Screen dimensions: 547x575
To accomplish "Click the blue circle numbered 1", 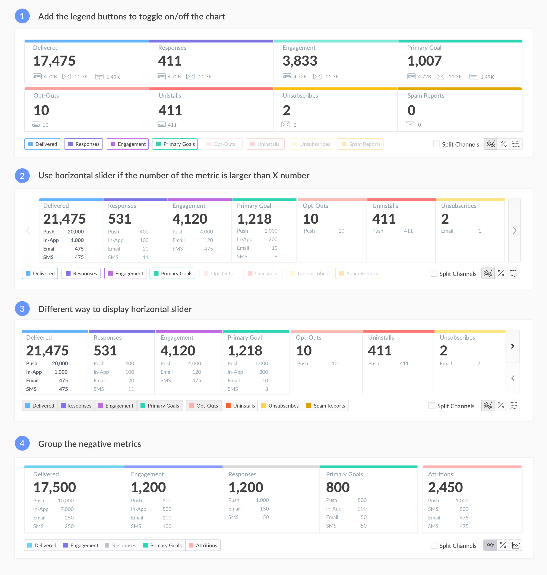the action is pyautogui.click(x=22, y=16).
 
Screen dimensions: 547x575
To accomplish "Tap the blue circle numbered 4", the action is pyautogui.click(x=22, y=443).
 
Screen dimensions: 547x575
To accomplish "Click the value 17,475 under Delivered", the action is pyautogui.click(x=54, y=61).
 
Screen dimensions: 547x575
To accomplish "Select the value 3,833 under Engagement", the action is pyautogui.click(x=300, y=61).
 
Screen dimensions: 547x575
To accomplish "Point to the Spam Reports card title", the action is pyautogui.click(x=426, y=96).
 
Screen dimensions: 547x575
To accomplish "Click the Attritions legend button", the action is pyautogui.click(x=203, y=545).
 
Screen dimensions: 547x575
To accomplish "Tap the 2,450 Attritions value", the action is pyautogui.click(x=445, y=487).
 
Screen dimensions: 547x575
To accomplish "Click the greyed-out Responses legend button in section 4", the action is pyautogui.click(x=120, y=545).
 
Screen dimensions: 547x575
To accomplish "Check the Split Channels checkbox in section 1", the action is pyautogui.click(x=436, y=144).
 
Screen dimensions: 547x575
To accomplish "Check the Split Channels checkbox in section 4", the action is pyautogui.click(x=434, y=545).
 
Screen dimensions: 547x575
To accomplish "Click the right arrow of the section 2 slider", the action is pyautogui.click(x=514, y=230).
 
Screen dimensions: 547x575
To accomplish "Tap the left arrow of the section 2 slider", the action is pyautogui.click(x=28, y=230).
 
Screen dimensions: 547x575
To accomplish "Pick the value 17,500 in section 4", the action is pyautogui.click(x=54, y=487).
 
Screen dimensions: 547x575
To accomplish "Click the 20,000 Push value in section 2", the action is pyautogui.click(x=76, y=232).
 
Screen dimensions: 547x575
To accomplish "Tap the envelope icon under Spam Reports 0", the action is pyautogui.click(x=410, y=125).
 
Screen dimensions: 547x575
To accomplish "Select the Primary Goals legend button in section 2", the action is pyautogui.click(x=173, y=273).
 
